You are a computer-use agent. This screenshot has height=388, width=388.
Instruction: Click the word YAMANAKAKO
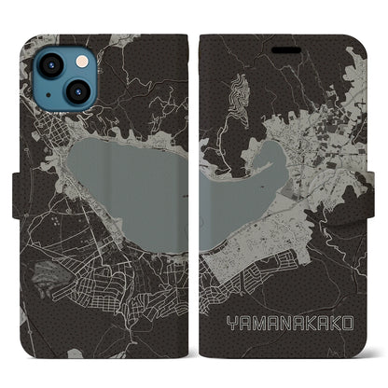pos(289,322)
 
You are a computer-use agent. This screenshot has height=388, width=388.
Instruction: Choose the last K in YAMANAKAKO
pos(336,322)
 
